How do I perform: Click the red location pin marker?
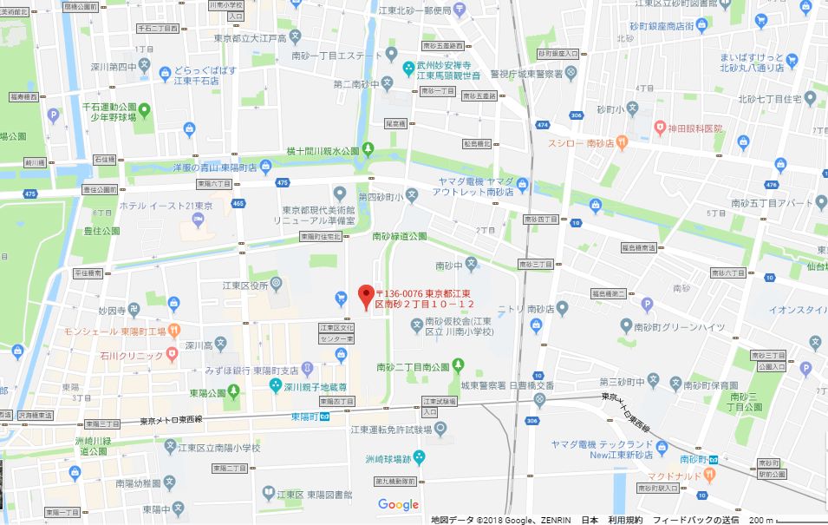(365, 296)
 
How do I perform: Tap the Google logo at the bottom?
(398, 505)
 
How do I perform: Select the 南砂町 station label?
(694, 457)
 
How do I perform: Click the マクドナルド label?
(684, 476)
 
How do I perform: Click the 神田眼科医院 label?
(694, 128)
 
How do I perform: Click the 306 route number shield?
(577, 115)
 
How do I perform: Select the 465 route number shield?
(238, 203)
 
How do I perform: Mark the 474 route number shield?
(542, 125)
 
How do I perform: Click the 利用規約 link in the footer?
(624, 520)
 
